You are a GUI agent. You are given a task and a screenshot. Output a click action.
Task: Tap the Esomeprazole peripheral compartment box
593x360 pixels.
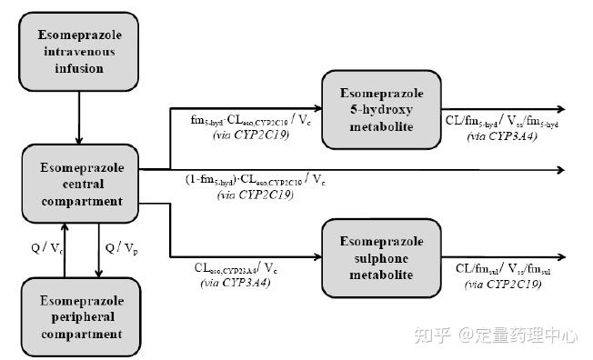(81, 317)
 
